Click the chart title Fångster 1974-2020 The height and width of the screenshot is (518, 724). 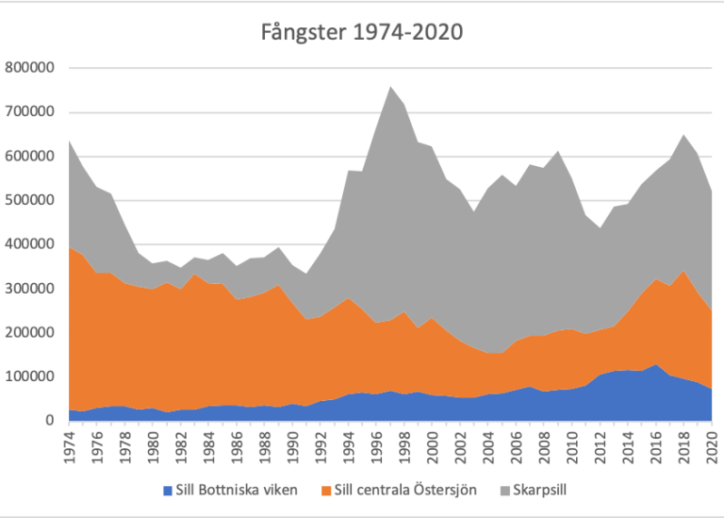362,32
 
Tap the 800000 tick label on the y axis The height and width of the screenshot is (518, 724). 29,68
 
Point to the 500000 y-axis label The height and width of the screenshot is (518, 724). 29,200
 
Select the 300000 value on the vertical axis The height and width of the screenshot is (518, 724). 29,289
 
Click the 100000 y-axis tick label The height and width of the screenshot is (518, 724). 29,376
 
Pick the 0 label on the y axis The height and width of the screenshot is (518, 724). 50,421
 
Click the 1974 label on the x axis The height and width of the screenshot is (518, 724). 69,447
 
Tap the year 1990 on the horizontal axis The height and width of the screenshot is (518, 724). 293,447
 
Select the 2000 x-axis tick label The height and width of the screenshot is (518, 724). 433,447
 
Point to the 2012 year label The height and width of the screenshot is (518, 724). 601,447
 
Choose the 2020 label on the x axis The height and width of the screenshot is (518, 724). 712,447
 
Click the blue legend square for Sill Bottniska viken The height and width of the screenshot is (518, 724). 168,491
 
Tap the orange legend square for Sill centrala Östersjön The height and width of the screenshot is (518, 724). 326,491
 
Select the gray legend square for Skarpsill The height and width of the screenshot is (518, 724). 505,491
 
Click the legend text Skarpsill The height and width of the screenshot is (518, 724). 540,491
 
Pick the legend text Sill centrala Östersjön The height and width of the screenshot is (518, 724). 405,491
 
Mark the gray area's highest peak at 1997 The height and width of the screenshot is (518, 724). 390,87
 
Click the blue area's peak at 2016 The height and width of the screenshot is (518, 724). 656,364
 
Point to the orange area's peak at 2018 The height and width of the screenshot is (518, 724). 684,270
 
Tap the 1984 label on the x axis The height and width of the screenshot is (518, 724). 209,447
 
